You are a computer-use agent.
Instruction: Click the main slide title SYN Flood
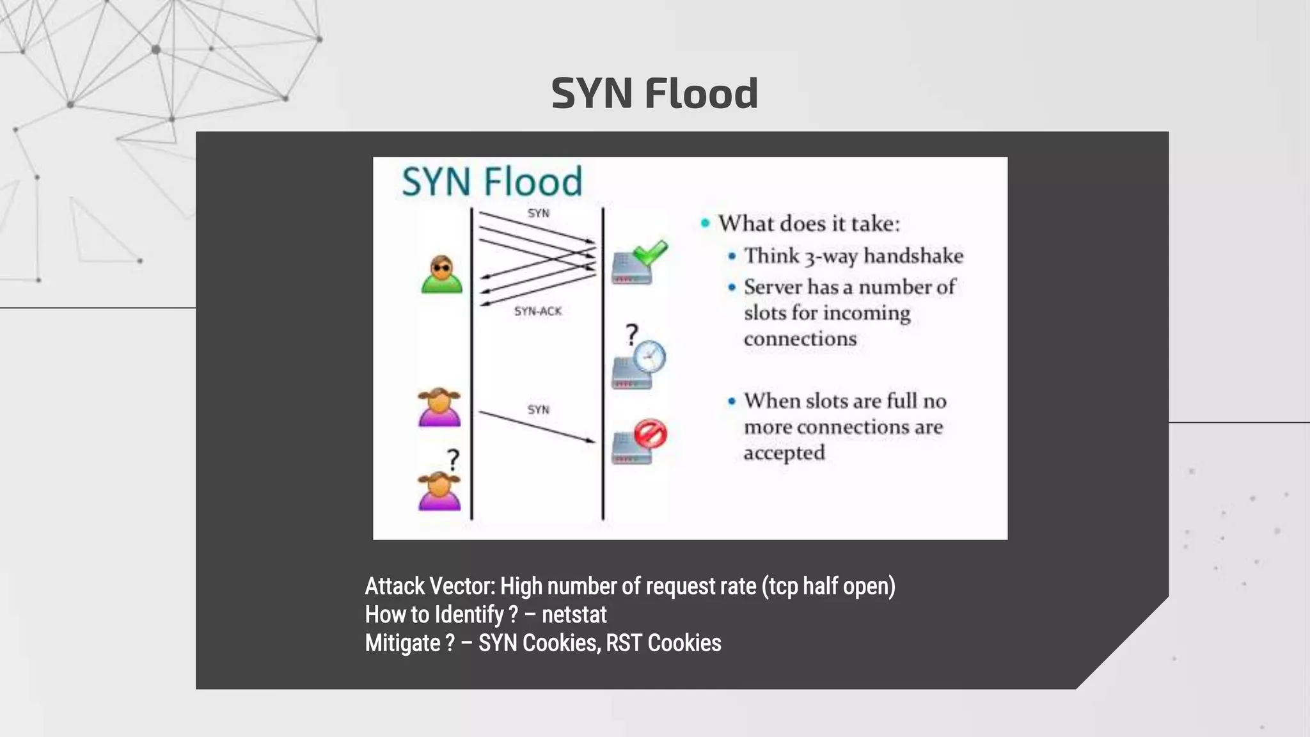pyautogui.click(x=654, y=93)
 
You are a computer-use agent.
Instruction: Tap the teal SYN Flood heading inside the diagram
pyautogui.click(x=492, y=181)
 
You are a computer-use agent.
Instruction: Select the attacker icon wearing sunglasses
pyautogui.click(x=441, y=274)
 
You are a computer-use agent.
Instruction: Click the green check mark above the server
pyautogui.click(x=651, y=253)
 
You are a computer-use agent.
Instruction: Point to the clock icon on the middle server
pyautogui.click(x=649, y=357)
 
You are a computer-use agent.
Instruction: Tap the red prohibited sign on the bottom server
pyautogui.click(x=651, y=434)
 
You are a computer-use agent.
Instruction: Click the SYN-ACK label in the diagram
pyautogui.click(x=538, y=312)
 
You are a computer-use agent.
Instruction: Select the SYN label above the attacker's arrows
pyautogui.click(x=538, y=213)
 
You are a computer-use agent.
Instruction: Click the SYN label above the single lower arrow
pyautogui.click(x=538, y=409)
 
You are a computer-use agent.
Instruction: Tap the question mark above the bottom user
pyautogui.click(x=453, y=460)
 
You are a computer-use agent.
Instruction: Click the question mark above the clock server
pyautogui.click(x=631, y=334)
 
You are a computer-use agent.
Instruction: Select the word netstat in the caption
pyautogui.click(x=574, y=615)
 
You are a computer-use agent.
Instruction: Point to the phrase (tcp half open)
pyautogui.click(x=828, y=586)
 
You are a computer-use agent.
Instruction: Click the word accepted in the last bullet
pyautogui.click(x=784, y=453)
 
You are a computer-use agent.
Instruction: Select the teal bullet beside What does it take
pyautogui.click(x=706, y=223)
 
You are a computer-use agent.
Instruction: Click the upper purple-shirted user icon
pyautogui.click(x=439, y=408)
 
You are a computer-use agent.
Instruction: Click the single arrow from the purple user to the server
pyautogui.click(x=537, y=427)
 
